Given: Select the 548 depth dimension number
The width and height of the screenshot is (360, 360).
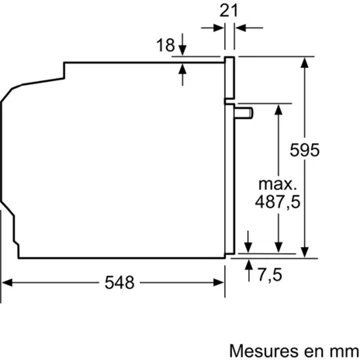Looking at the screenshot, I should click(x=120, y=283).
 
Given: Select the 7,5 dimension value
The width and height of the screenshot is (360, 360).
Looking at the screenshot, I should click(x=269, y=274).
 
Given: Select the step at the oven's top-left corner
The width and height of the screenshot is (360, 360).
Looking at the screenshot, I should click(x=63, y=68).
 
